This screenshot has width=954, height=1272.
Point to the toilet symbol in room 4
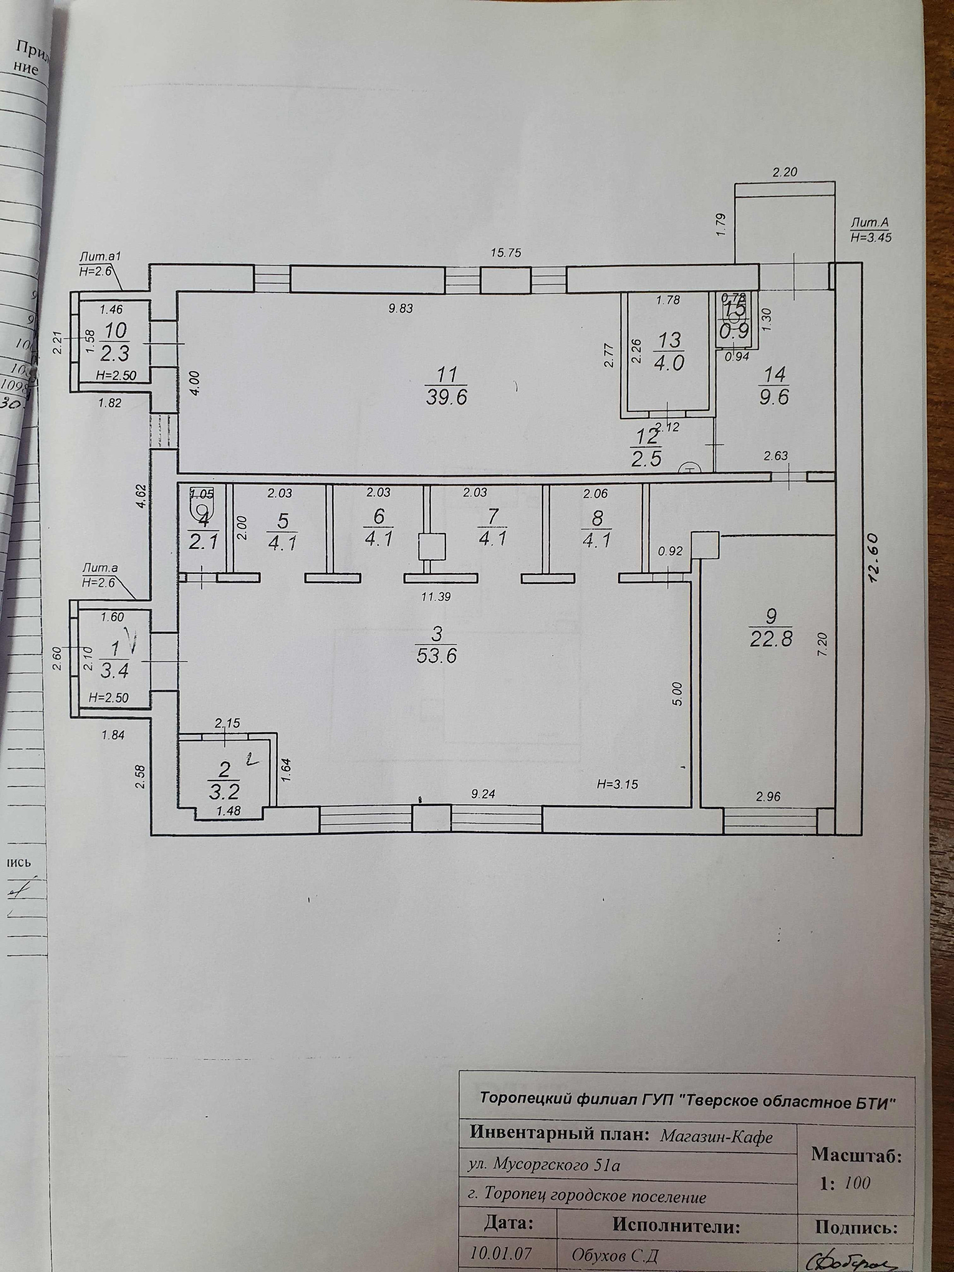[x=201, y=508]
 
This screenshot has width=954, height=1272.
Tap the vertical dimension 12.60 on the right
[x=875, y=558]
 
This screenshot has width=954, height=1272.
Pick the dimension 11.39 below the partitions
[x=435, y=597]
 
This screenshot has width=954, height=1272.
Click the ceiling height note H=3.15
[x=617, y=784]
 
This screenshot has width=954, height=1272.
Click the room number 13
[x=669, y=340]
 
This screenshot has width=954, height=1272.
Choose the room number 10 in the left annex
[x=114, y=330]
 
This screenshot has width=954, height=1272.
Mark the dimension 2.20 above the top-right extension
[x=785, y=171]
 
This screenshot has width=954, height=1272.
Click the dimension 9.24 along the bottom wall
[x=482, y=794]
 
